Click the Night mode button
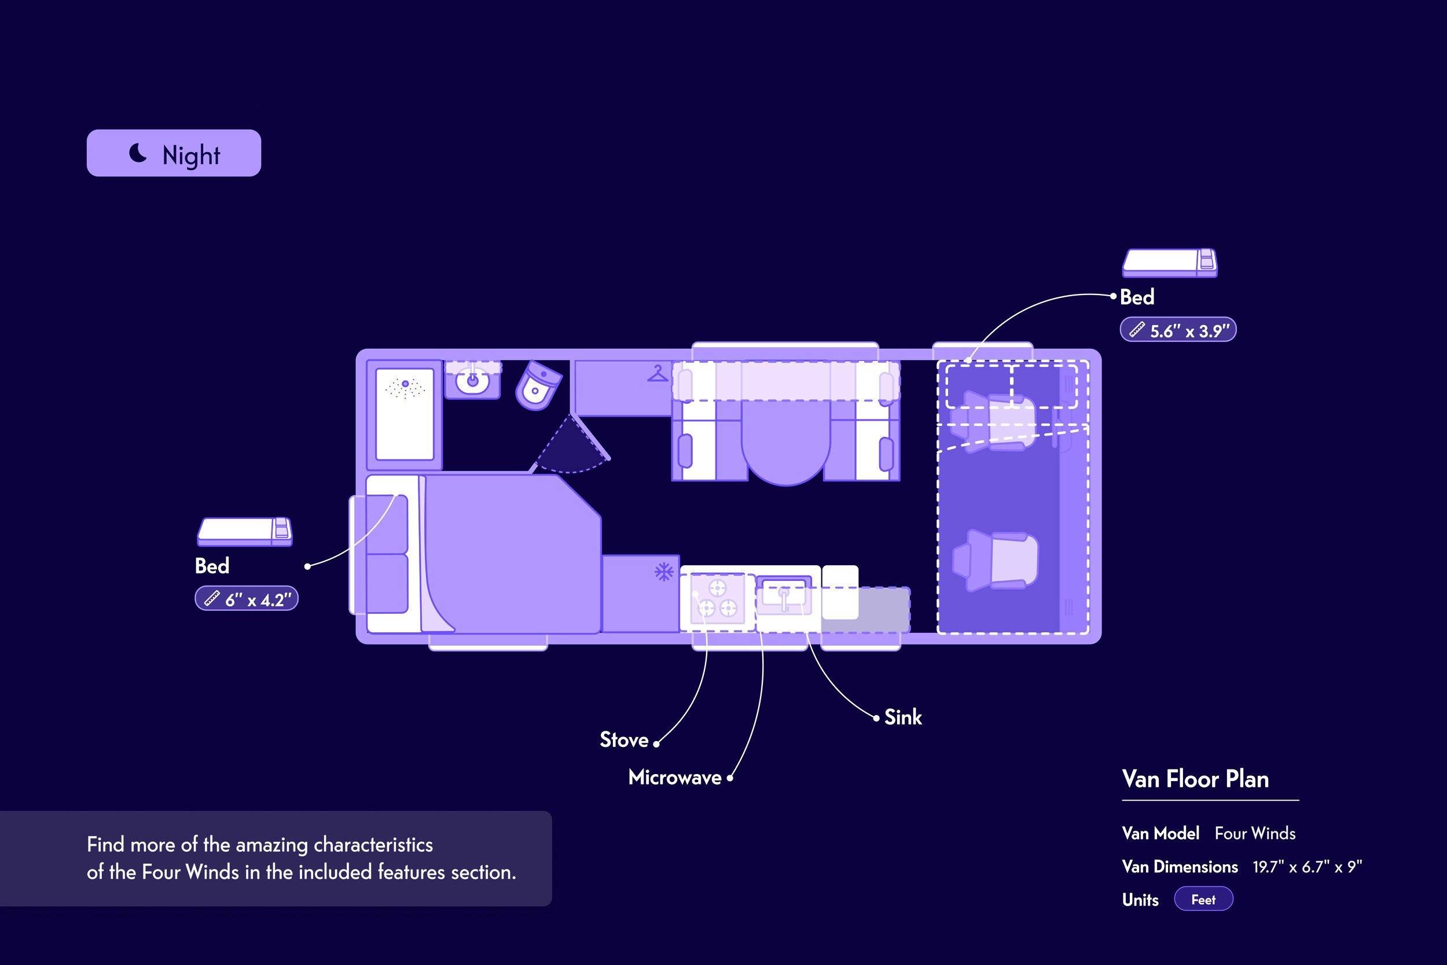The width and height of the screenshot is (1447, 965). (174, 153)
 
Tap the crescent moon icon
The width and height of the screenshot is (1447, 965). (138, 153)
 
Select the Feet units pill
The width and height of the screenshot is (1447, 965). (1203, 899)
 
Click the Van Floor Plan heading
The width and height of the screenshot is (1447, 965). (1195, 779)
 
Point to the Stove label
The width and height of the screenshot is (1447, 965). (624, 739)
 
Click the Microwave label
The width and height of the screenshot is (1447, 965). (675, 778)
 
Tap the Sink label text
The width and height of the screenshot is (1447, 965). (904, 717)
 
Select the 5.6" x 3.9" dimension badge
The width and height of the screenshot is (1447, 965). (1178, 330)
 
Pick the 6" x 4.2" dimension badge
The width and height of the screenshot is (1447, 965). (247, 599)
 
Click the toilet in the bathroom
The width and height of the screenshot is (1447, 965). (538, 386)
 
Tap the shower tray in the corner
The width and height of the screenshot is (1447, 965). (405, 414)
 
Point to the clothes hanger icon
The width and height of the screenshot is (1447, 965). (658, 373)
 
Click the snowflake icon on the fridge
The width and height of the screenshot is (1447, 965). (664, 572)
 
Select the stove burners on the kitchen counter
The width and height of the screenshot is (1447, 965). (717, 598)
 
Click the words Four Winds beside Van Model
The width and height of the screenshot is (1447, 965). (1255, 833)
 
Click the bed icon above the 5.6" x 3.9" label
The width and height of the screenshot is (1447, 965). (1169, 263)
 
